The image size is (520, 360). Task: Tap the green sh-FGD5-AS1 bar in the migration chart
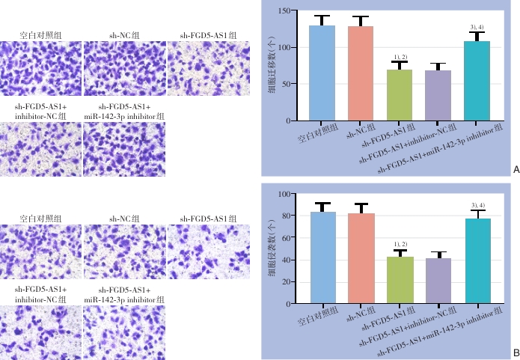398,95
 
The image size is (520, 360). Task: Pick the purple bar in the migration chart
437,96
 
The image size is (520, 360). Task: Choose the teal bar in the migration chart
477,81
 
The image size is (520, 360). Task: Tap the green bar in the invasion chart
398,281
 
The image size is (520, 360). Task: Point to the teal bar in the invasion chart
477,261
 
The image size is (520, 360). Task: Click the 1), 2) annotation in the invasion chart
399,245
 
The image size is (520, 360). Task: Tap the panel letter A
516,170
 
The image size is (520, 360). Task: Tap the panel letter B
516,353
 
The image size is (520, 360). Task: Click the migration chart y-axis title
270,66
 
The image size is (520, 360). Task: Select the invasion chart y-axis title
270,248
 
